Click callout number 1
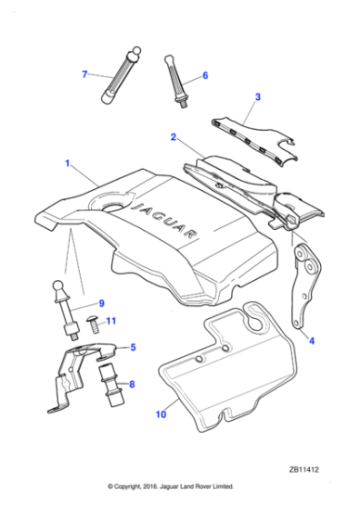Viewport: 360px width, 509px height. point(65,164)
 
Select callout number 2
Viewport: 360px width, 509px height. point(173,137)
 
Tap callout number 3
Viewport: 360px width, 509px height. point(257,96)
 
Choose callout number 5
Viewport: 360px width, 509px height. point(133,346)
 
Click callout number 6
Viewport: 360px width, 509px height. point(205,75)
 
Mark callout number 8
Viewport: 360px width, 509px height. point(133,384)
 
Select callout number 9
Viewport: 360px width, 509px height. point(101,302)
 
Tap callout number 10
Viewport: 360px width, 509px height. point(162,416)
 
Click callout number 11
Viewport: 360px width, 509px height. point(111,321)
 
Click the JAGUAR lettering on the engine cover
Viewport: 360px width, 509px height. point(168,221)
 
